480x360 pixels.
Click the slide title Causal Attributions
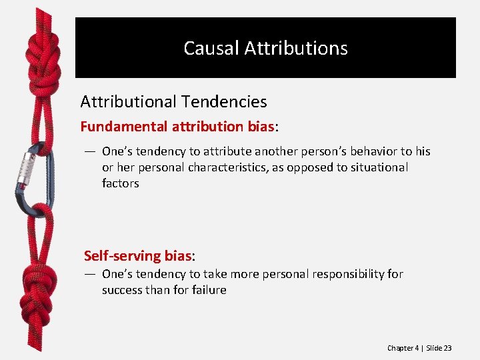click(265, 49)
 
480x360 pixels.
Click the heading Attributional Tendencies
click(173, 102)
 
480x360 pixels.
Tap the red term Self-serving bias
click(137, 255)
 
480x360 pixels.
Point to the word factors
click(121, 183)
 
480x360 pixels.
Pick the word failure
click(208, 290)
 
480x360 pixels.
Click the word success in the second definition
click(122, 290)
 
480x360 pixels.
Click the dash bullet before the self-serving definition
click(89, 274)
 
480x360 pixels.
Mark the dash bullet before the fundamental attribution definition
click(89, 151)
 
